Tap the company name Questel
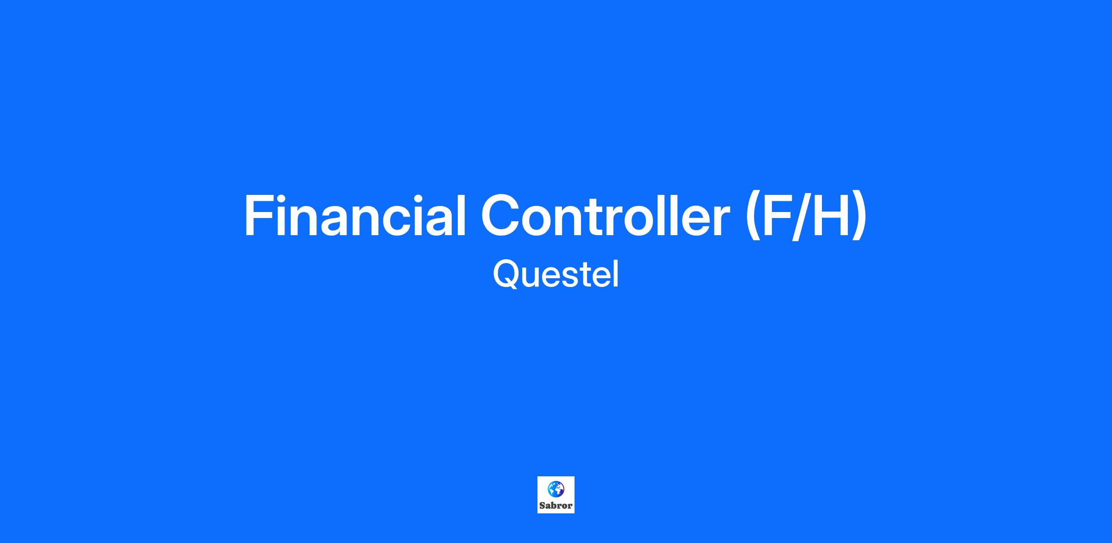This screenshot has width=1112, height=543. point(556,275)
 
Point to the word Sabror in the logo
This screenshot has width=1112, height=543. point(556,506)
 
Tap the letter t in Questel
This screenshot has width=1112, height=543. point(589,276)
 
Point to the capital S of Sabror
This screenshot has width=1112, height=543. point(542,506)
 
